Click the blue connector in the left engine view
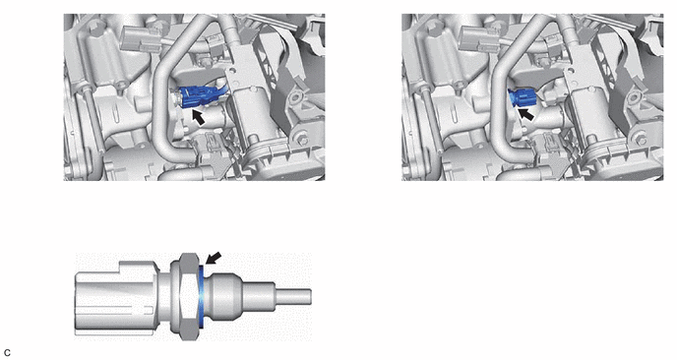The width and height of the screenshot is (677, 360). pyautogui.click(x=200, y=97)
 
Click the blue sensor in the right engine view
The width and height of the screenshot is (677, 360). pyautogui.click(x=522, y=97)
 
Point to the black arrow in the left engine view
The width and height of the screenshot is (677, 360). pyautogui.click(x=198, y=117)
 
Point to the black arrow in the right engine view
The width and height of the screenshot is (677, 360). pyautogui.click(x=525, y=114)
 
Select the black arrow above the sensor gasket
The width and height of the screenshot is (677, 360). pyautogui.click(x=214, y=258)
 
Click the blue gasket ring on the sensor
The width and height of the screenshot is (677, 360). pyautogui.click(x=201, y=296)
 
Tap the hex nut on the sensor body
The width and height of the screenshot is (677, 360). pyautogui.click(x=188, y=296)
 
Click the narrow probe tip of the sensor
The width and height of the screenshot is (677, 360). pyautogui.click(x=293, y=297)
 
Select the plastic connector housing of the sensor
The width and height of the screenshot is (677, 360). pyautogui.click(x=117, y=298)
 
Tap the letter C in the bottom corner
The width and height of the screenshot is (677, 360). pyautogui.click(x=6, y=353)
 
